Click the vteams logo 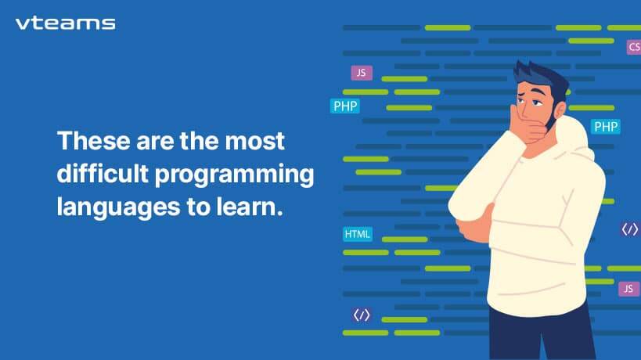pyautogui.click(x=66, y=23)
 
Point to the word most pyautogui.click(x=254, y=142)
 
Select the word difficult pyautogui.click(x=103, y=174)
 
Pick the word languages pyautogui.click(x=118, y=208)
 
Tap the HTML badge pyautogui.click(x=358, y=234)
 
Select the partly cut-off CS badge pyautogui.click(x=634, y=47)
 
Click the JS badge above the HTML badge pyautogui.click(x=362, y=73)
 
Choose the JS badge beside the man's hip pyautogui.click(x=628, y=289)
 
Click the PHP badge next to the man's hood pyautogui.click(x=606, y=127)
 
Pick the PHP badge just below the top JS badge pyautogui.click(x=345, y=106)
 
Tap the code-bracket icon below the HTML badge pyautogui.click(x=362, y=315)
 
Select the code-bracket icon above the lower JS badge pyautogui.click(x=629, y=229)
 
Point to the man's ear pyautogui.click(x=560, y=110)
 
